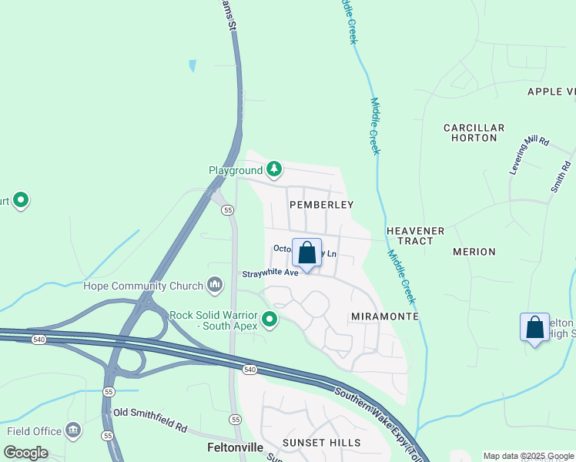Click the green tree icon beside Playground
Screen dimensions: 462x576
[x=273, y=169]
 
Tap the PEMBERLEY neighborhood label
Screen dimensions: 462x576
[x=321, y=205]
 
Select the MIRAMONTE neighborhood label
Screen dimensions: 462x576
[x=384, y=316]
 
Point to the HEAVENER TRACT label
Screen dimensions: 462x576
[x=416, y=236]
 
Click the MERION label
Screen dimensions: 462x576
[x=474, y=252]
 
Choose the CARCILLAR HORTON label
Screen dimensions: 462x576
[x=474, y=132]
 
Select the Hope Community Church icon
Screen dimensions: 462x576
[x=214, y=286]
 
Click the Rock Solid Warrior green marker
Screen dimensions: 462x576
[x=270, y=319]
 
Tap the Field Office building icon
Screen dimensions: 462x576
[x=74, y=430]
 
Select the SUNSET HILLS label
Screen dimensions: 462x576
[x=321, y=443]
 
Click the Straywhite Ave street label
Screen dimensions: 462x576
[x=270, y=273]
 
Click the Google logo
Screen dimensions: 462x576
[x=25, y=453]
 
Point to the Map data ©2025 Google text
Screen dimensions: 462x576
[x=529, y=456]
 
